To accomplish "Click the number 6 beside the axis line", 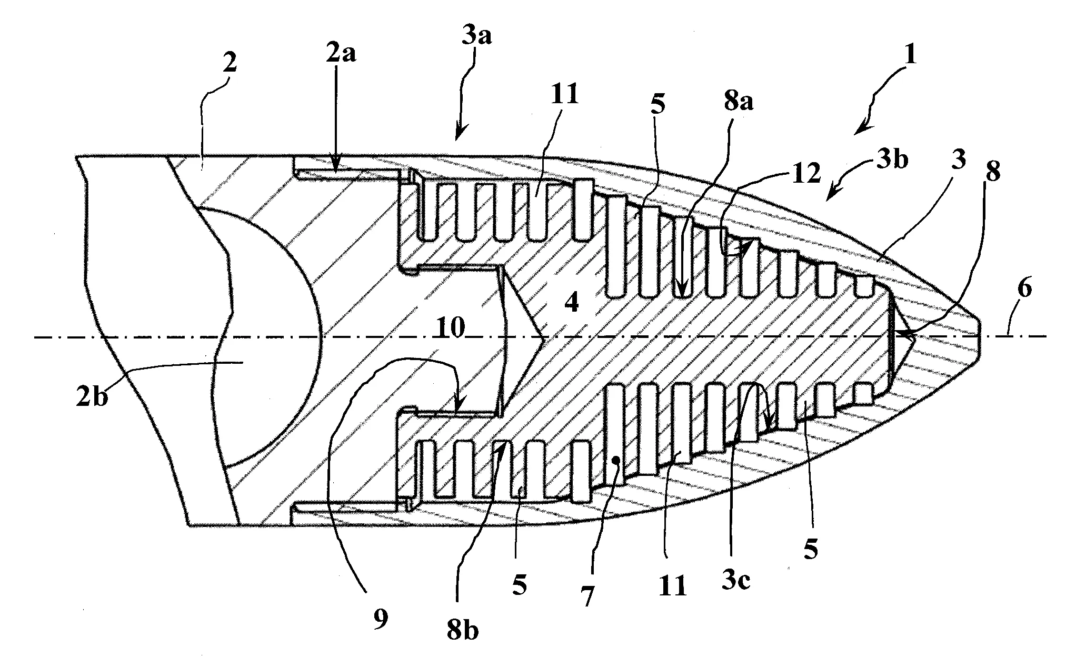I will tap(1023, 289).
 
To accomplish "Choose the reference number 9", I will tap(380, 619).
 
